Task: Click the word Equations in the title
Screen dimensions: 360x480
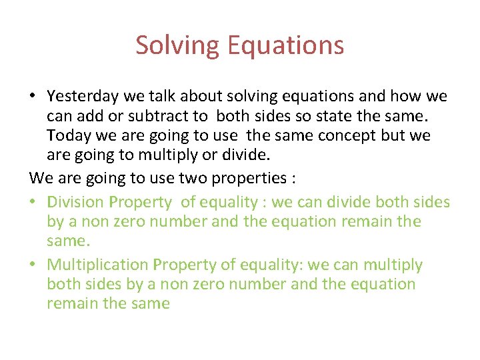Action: click(x=285, y=45)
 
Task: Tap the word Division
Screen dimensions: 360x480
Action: click(x=76, y=202)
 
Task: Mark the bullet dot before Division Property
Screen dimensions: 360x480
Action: click(x=33, y=203)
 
